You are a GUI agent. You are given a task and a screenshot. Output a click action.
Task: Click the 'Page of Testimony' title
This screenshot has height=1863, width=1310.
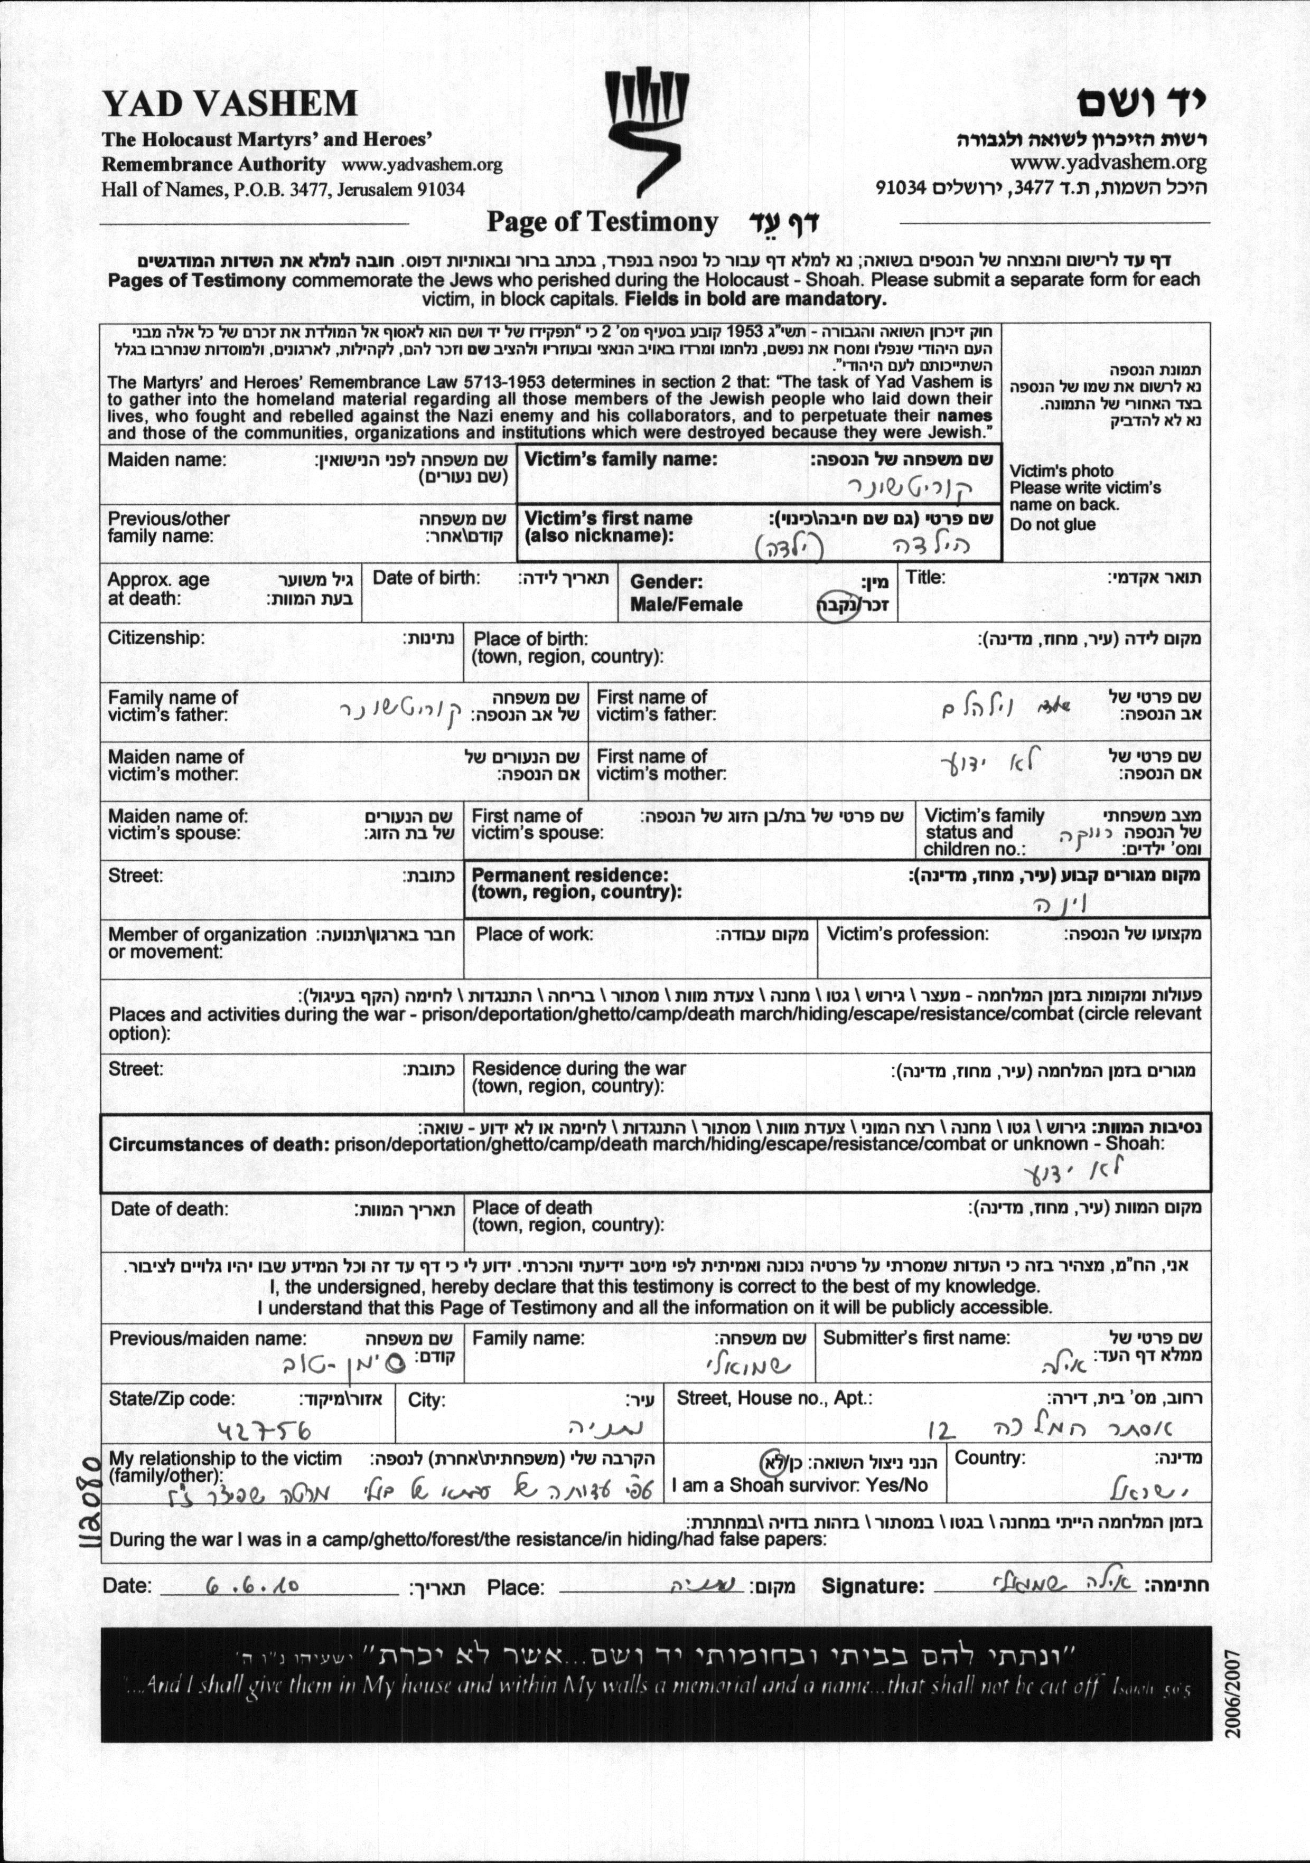click(602, 222)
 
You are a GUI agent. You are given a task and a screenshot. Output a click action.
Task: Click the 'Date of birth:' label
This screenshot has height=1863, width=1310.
click(426, 579)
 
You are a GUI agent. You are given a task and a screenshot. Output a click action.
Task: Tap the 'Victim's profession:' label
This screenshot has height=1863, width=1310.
click(907, 934)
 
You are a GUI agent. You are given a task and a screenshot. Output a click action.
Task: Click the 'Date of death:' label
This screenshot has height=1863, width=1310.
click(170, 1209)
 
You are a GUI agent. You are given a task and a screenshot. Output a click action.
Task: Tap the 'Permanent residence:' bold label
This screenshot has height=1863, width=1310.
click(570, 876)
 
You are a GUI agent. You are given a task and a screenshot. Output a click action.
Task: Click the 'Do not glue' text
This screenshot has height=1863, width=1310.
click(1053, 524)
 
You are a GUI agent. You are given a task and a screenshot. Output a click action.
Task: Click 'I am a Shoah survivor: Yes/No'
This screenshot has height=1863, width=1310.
click(800, 1485)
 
